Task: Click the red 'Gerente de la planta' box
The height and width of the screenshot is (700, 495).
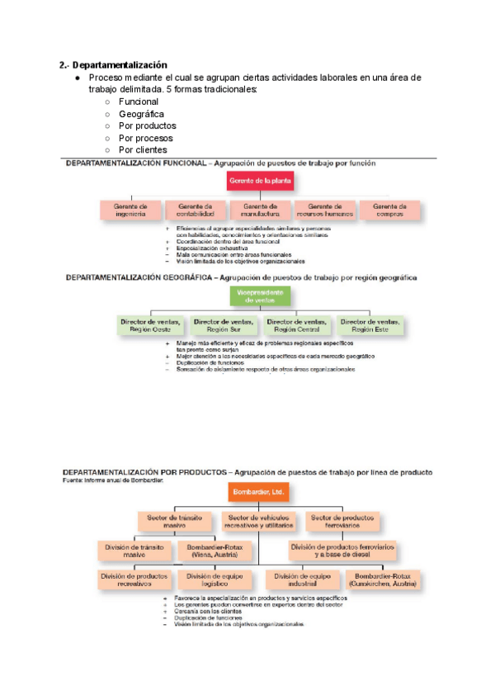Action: pyautogui.click(x=260, y=181)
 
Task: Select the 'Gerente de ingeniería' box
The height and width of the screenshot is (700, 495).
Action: pyautogui.click(x=130, y=210)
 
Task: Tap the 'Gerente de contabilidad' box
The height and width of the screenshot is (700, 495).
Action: pyautogui.click(x=195, y=210)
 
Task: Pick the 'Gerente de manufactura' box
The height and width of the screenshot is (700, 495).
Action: pyautogui.click(x=260, y=210)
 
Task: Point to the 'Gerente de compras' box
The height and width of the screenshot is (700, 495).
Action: pyautogui.click(x=389, y=210)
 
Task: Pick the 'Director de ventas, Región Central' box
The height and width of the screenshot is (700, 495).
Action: pyautogui.click(x=297, y=324)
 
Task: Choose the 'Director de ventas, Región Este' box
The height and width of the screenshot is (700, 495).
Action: pyautogui.click(x=369, y=324)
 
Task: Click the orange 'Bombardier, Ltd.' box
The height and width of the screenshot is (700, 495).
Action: pyautogui.click(x=259, y=492)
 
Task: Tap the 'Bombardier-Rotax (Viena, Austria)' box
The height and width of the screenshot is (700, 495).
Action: pyautogui.click(x=212, y=551)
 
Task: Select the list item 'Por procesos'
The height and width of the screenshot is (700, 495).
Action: pyautogui.click(x=146, y=138)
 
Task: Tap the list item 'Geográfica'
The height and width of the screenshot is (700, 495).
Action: pyautogui.click(x=141, y=113)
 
